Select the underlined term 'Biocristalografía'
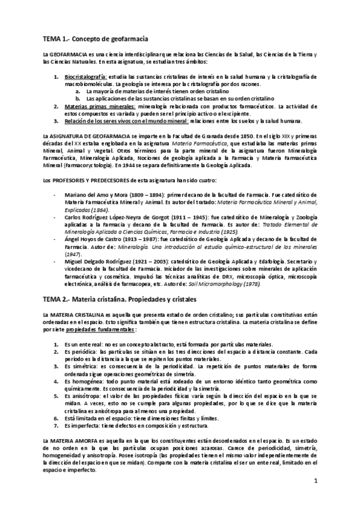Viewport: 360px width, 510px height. tap(85, 77)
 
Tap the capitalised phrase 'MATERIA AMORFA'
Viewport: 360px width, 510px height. tap(68, 442)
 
